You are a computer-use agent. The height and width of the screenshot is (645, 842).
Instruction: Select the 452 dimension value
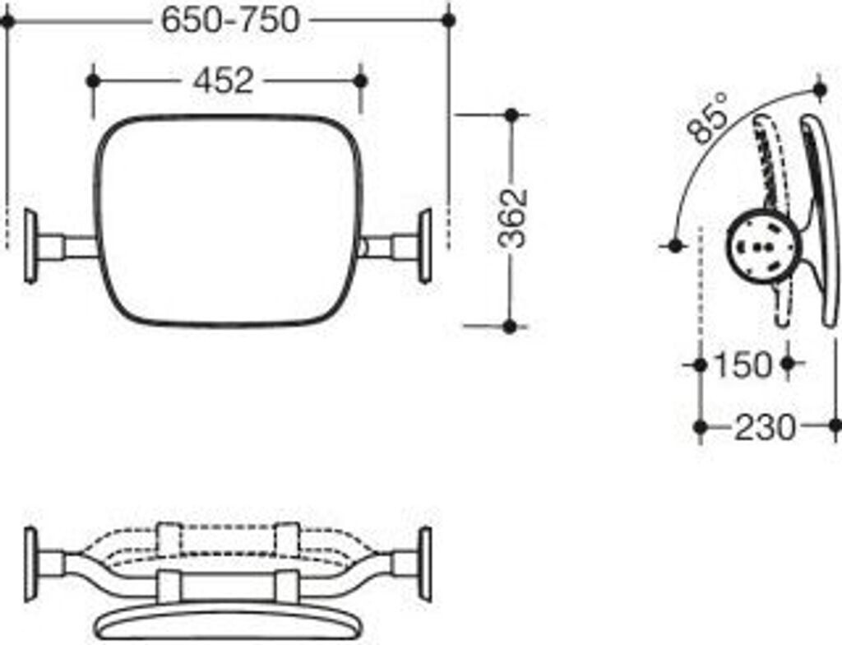point(223,81)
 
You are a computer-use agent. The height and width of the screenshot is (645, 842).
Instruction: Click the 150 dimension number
point(743,364)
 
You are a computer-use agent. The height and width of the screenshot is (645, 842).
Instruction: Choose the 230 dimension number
point(765,428)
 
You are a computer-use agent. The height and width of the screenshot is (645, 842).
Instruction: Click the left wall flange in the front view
point(30,246)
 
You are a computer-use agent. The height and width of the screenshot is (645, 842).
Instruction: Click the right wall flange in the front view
point(425,246)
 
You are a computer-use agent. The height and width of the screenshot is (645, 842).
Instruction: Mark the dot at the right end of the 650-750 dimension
point(448,20)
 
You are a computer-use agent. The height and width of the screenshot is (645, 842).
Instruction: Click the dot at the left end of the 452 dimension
point(93,81)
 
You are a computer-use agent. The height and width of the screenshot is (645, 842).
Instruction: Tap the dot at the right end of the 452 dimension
point(360,81)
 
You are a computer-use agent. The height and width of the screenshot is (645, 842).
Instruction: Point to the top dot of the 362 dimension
point(511,115)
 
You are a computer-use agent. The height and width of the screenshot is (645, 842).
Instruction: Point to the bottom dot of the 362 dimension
point(510,327)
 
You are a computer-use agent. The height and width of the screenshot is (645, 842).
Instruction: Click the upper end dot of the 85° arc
point(819,88)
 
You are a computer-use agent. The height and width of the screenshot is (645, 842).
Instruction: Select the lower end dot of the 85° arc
point(675,245)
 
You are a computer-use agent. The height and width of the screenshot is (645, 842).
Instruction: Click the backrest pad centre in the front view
point(228,220)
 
